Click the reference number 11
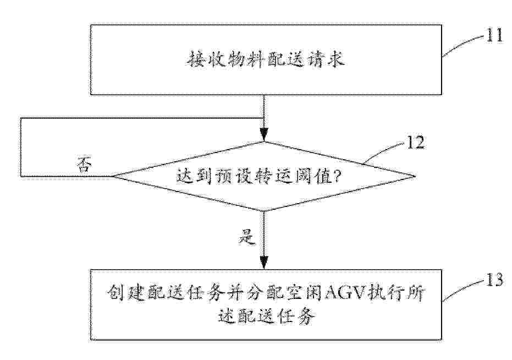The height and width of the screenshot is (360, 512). tap(494, 35)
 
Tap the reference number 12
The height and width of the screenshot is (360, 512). tap(415, 142)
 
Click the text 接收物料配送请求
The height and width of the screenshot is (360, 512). tap(266, 60)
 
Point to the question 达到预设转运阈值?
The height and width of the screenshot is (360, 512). tap(258, 177)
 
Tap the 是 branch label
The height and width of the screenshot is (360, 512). tap(247, 237)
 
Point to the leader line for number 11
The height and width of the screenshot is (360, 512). tap(463, 46)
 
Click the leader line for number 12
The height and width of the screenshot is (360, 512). tap(384, 152)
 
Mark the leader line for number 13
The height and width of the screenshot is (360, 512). tap(464, 290)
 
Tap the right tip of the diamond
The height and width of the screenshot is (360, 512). tap(415, 177)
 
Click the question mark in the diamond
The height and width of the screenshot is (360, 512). tap(337, 177)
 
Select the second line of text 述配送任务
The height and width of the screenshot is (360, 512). tap(266, 316)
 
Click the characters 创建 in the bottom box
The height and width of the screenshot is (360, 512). tap(124, 291)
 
